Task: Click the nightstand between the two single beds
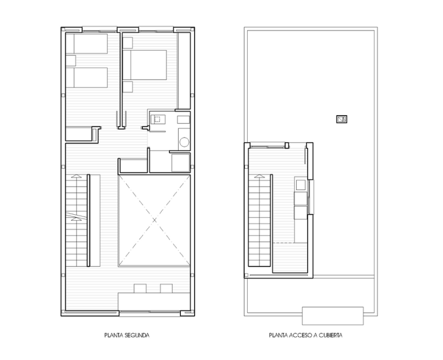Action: pyautogui.click(x=71, y=60)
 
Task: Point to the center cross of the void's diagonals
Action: pyautogui.click(x=154, y=221)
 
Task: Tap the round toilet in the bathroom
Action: pyautogui.click(x=184, y=142)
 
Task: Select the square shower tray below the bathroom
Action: pyautogui.click(x=180, y=161)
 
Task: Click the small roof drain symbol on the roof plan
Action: pyautogui.click(x=342, y=119)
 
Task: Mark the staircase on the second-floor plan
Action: pyautogui.click(x=76, y=219)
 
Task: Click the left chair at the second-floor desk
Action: pyautogui.click(x=140, y=288)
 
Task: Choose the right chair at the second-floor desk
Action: pyautogui.click(x=166, y=288)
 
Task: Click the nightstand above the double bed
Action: pyautogui.click(x=128, y=43)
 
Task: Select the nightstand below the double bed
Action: pyautogui.click(x=128, y=86)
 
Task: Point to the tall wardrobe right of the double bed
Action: pyautogui.click(x=184, y=70)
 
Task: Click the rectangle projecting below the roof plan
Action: pyautogui.click(x=333, y=316)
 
